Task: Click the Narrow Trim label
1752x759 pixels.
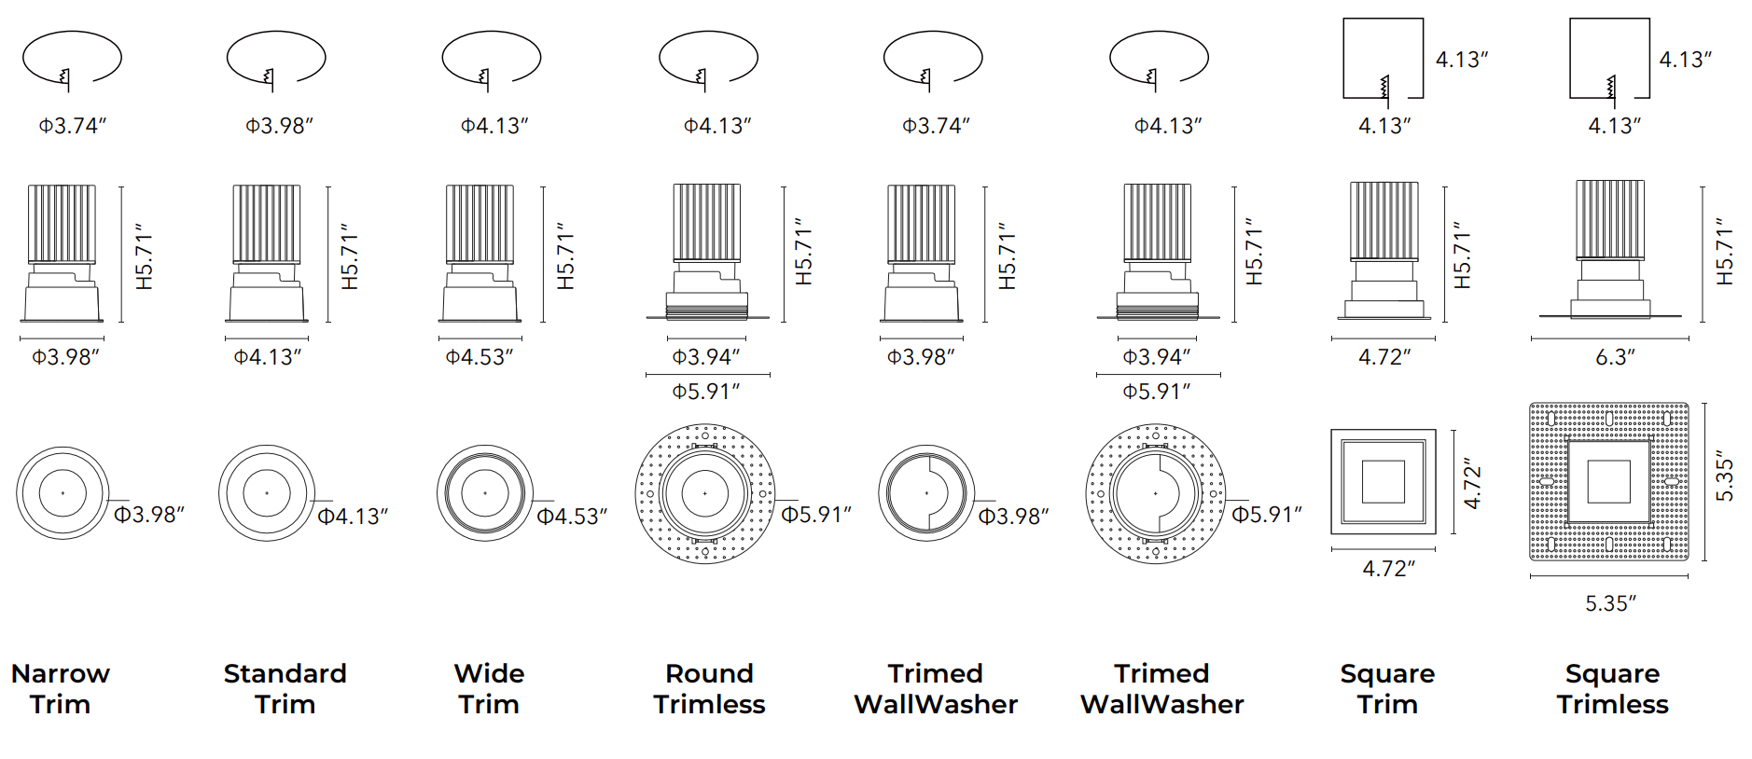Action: click(61, 688)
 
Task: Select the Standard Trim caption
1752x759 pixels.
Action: click(285, 688)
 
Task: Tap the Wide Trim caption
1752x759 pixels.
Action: click(489, 688)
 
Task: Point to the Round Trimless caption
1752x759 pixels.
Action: click(709, 688)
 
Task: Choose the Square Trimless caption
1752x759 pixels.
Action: click(1612, 688)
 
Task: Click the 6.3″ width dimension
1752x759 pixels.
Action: click(1615, 357)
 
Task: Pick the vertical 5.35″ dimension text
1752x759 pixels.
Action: click(1725, 480)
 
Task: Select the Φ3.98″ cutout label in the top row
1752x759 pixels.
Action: click(279, 125)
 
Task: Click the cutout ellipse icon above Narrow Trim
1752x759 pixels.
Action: click(72, 58)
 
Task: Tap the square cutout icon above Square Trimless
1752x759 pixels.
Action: click(1609, 58)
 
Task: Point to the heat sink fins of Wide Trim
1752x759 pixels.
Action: click(480, 223)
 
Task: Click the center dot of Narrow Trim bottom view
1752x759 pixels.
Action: click(63, 492)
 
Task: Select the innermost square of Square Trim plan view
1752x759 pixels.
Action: click(1383, 482)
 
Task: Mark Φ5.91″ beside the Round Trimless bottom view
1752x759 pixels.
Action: click(815, 515)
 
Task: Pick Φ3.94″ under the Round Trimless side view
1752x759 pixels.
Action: click(706, 357)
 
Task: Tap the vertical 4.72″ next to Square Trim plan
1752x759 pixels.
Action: click(1472, 483)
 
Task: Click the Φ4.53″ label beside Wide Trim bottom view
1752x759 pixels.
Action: click(571, 516)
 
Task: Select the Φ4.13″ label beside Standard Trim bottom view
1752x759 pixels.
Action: click(352, 516)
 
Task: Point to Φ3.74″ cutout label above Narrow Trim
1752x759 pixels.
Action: click(73, 125)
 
